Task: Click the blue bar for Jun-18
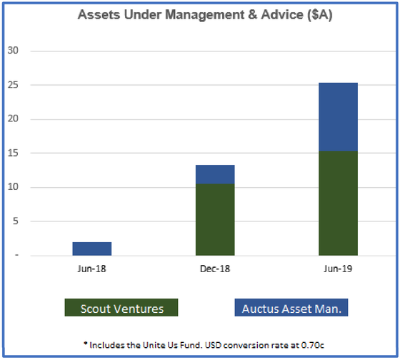click(92, 249)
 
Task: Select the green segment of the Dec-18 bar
click(215, 219)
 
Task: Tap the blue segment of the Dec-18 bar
click(215, 174)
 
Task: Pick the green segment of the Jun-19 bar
click(338, 203)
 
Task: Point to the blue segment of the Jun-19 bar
click(338, 117)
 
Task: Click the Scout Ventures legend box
click(121, 307)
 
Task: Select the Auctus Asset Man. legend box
click(291, 307)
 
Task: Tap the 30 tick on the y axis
click(13, 50)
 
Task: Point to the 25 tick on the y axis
click(13, 85)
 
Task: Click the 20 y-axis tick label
click(13, 119)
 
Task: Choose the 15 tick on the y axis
click(13, 153)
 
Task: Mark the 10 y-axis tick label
click(13, 186)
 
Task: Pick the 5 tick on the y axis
click(16, 221)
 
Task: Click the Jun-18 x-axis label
click(91, 269)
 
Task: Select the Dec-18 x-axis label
click(215, 269)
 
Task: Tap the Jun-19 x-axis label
click(338, 269)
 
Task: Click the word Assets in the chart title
click(99, 14)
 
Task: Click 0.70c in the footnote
click(313, 345)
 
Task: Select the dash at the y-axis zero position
click(17, 255)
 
